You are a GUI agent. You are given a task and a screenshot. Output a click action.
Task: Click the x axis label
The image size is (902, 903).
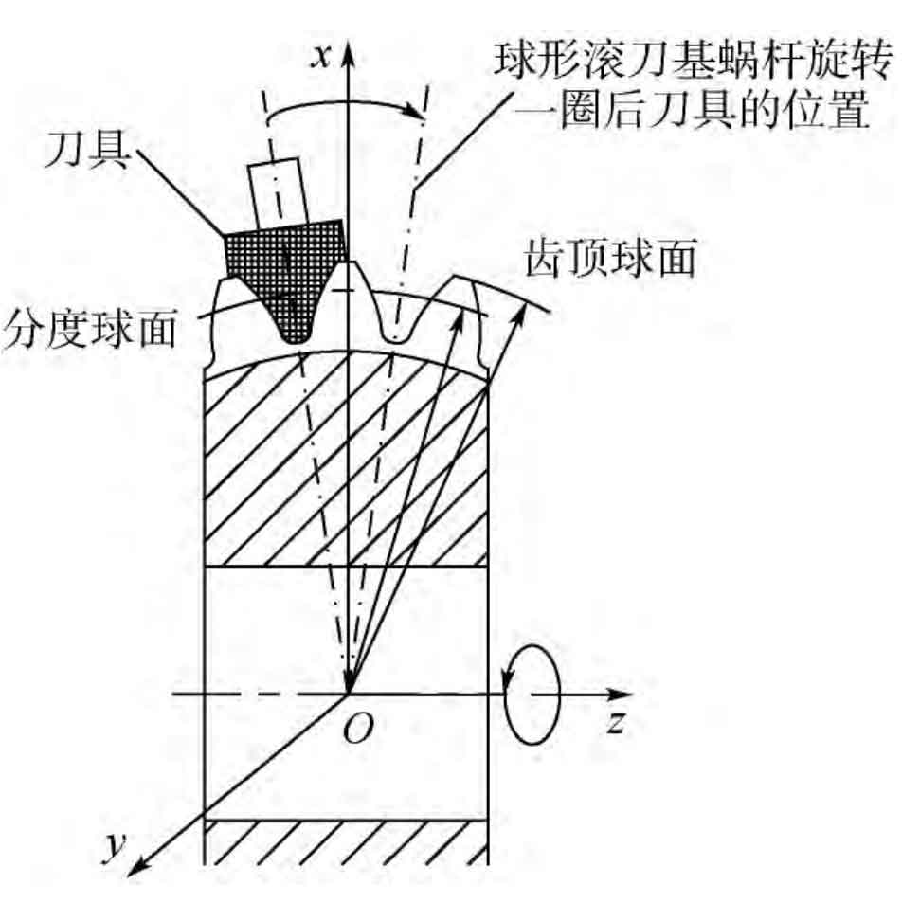click(320, 58)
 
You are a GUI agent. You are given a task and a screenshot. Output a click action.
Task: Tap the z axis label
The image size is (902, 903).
click(616, 722)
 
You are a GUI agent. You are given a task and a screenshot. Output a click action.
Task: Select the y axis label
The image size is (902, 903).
click(116, 846)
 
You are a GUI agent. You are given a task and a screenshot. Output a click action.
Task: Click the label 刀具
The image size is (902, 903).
click(87, 150)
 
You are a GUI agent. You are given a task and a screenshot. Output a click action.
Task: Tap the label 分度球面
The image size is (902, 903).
click(90, 330)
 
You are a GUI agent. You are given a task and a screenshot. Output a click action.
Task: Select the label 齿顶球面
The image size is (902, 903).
click(610, 259)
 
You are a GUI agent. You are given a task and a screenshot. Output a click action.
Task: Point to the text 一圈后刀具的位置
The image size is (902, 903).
click(692, 109)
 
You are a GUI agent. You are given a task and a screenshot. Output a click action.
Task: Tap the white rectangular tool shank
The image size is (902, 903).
click(279, 191)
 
